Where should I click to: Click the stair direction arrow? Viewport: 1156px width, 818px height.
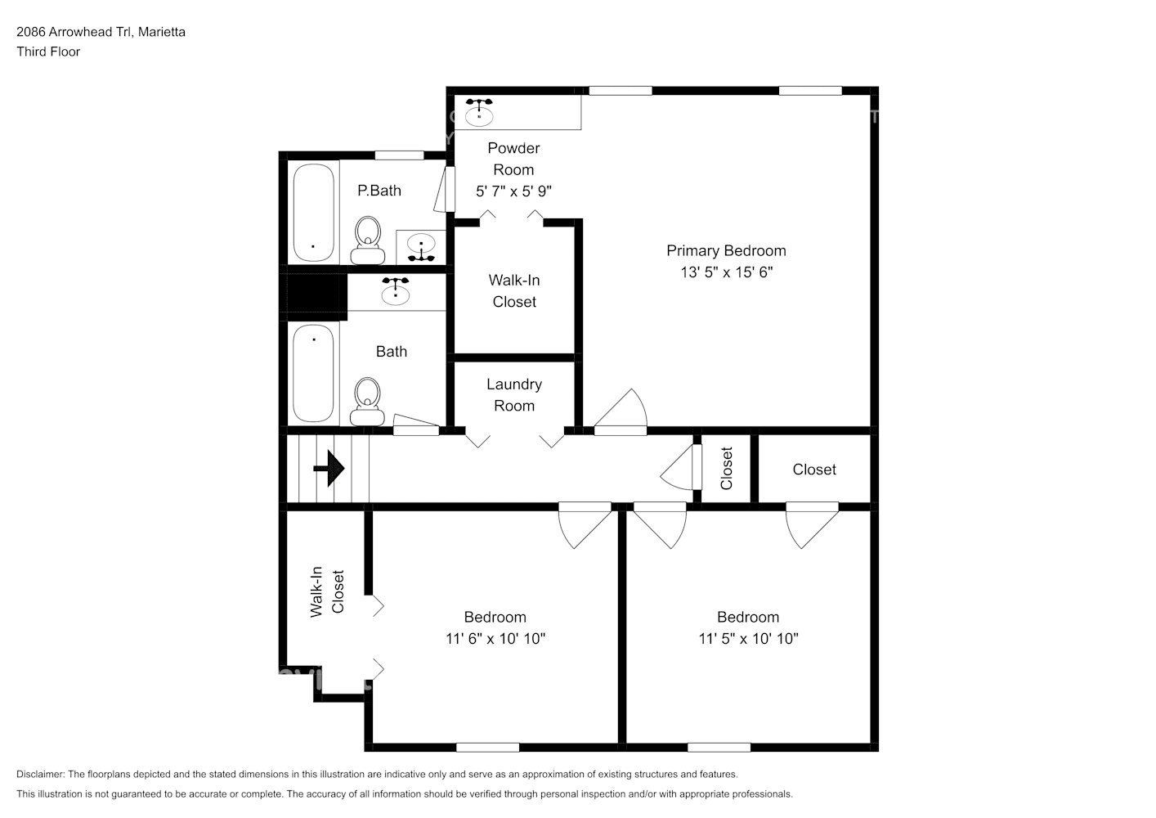click(329, 469)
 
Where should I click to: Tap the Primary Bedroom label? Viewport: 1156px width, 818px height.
click(726, 251)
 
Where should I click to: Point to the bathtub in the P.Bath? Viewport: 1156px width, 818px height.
click(314, 213)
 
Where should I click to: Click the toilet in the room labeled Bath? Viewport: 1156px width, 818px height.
click(367, 402)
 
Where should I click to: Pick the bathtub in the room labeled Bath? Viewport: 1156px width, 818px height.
click(313, 372)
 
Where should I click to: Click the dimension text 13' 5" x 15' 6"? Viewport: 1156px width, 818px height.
click(726, 272)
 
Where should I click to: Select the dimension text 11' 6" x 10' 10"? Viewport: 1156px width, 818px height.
click(495, 639)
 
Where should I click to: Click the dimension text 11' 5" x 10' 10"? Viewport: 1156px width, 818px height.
click(748, 639)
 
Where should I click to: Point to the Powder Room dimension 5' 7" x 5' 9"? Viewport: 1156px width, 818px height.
click(513, 191)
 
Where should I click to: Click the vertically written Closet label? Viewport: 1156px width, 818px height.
click(726, 469)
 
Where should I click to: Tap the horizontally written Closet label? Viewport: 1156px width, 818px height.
click(814, 470)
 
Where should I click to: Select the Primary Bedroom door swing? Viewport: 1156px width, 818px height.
click(621, 411)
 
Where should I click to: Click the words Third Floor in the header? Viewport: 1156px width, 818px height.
click(48, 52)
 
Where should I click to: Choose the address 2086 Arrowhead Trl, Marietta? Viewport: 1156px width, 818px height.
click(101, 32)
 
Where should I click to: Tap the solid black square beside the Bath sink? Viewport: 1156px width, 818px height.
click(312, 293)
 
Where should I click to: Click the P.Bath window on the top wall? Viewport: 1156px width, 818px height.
click(399, 155)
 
